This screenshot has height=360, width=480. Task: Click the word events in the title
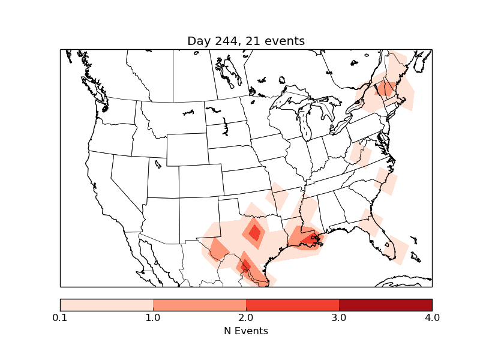click(x=283, y=41)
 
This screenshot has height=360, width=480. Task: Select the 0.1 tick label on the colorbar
click(x=60, y=317)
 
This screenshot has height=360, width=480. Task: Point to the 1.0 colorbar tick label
click(x=153, y=317)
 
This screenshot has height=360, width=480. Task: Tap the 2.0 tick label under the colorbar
click(x=246, y=317)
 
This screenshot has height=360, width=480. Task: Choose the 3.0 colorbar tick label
click(x=339, y=317)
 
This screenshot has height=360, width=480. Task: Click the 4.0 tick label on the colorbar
click(x=432, y=317)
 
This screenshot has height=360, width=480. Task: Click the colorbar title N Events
click(x=246, y=331)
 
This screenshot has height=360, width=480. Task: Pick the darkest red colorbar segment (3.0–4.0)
click(x=385, y=305)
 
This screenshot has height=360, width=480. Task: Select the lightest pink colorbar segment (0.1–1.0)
click(x=107, y=305)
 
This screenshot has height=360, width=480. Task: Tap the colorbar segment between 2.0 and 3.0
click(x=292, y=305)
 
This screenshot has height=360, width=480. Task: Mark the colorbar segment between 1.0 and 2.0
click(x=199, y=305)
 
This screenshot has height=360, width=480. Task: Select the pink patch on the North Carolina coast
click(x=385, y=181)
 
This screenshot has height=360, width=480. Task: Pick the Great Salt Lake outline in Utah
click(x=158, y=163)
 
